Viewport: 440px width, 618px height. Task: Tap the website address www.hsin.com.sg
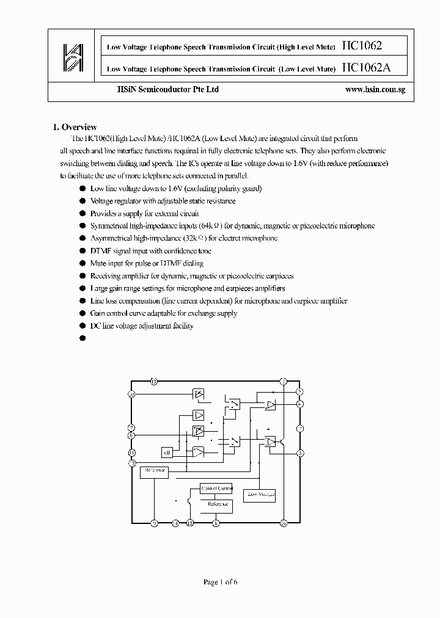point(375,90)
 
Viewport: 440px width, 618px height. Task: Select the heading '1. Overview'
point(75,127)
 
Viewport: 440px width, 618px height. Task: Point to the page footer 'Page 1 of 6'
point(220,582)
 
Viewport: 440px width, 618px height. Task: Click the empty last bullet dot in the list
point(82,338)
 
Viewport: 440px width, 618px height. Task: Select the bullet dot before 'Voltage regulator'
point(82,201)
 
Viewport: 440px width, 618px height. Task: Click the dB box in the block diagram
point(167,453)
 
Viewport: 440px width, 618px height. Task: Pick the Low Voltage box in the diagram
point(259,494)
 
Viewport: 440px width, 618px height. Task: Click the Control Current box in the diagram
point(216,489)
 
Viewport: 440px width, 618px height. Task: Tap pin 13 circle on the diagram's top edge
point(154,382)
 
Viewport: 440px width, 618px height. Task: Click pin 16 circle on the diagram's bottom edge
point(284,523)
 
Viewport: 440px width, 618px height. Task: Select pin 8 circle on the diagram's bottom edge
point(216,523)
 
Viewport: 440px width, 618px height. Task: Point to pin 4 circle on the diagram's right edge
point(300,404)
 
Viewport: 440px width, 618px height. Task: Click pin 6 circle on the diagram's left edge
point(131,435)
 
